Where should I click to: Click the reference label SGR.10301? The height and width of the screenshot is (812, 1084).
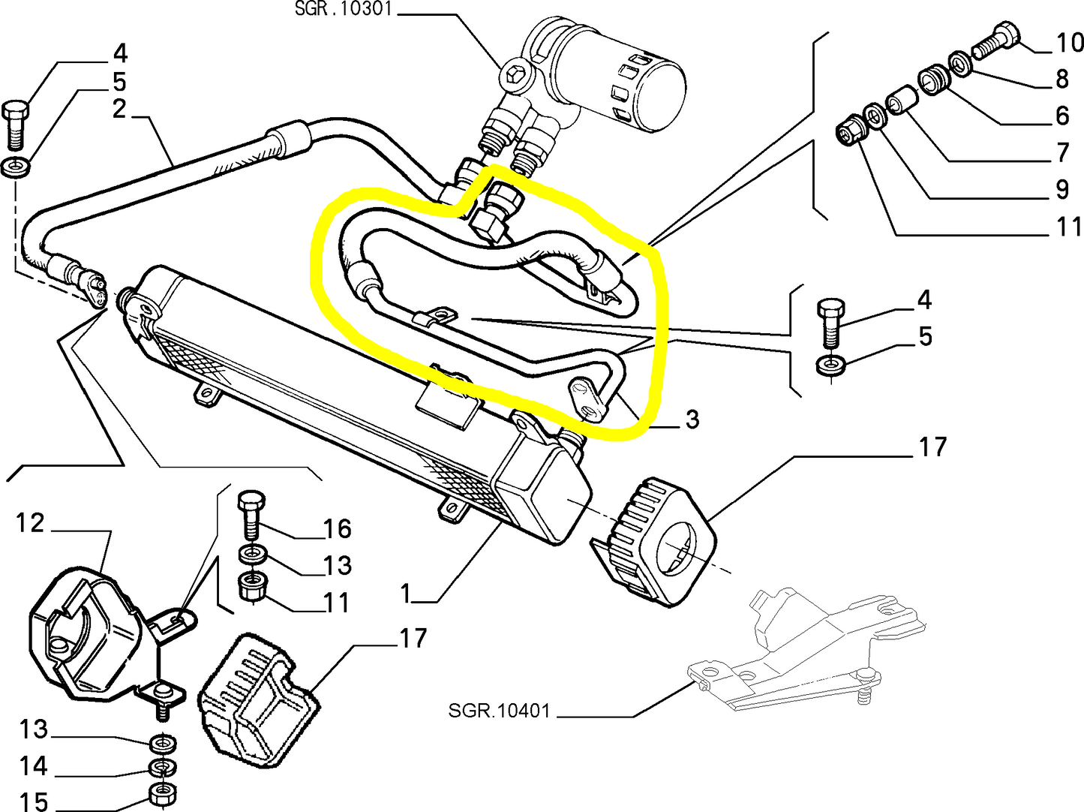343,9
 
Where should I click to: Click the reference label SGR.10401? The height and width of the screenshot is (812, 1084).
499,710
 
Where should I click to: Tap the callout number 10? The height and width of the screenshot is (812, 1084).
1069,43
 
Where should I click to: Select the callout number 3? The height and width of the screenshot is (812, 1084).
692,420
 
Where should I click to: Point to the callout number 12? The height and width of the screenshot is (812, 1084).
30,522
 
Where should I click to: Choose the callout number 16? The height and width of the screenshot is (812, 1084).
338,529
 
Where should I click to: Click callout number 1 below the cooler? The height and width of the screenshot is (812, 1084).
406,594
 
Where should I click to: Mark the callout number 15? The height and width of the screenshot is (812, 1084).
34,801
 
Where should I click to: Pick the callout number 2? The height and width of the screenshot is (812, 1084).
119,110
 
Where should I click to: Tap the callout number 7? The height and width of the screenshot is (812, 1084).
1062,152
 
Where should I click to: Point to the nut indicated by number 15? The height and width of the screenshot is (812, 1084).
163,792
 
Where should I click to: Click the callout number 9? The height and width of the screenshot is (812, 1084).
1062,189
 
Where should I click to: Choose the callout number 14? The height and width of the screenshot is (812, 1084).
34,766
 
